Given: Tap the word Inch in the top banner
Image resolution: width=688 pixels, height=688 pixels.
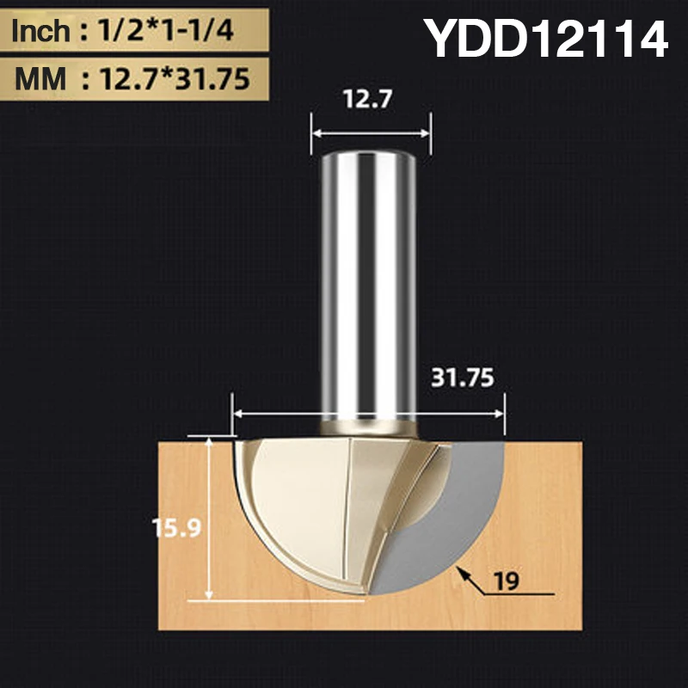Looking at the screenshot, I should [x=41, y=33].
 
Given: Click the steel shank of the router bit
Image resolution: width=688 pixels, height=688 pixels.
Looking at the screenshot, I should [x=369, y=284].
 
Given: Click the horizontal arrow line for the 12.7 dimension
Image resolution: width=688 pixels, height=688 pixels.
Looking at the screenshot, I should [x=369, y=133].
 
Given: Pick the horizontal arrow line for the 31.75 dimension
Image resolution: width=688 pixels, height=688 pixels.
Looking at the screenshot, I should [x=369, y=415].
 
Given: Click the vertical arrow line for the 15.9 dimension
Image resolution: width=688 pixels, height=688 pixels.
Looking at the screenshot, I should [x=210, y=516].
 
